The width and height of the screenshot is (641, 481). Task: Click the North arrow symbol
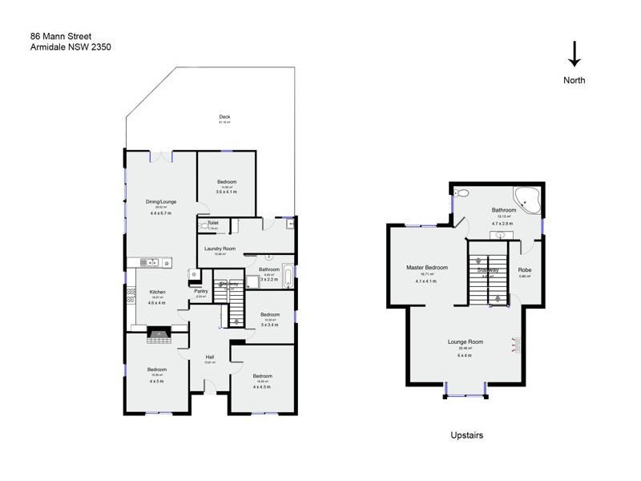tap(574, 54)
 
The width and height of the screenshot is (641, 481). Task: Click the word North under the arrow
tap(574, 80)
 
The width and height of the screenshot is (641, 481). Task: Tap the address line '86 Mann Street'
tap(60, 36)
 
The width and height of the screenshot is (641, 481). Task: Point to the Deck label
tap(225, 118)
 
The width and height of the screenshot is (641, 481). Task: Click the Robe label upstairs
tap(525, 270)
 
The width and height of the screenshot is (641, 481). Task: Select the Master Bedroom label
tap(425, 268)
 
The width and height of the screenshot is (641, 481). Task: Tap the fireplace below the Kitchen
tap(159, 334)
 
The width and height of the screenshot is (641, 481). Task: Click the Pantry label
tap(201, 291)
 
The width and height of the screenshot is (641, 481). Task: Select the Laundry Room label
tap(220, 249)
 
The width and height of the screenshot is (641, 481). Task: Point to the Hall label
tap(210, 357)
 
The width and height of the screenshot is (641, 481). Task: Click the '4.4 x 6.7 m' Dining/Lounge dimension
tap(161, 213)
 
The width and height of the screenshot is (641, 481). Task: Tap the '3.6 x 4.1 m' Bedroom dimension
tap(227, 192)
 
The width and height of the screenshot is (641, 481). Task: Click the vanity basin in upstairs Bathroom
tap(501, 235)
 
